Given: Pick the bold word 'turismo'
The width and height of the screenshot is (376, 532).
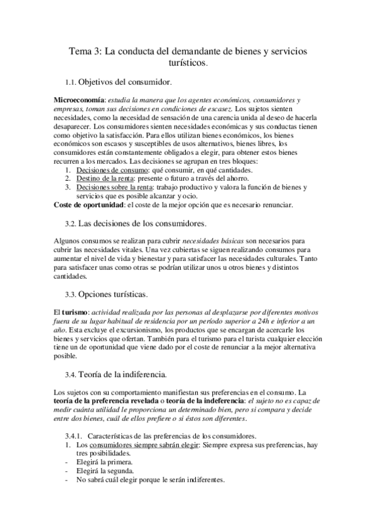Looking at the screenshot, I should [77, 312].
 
